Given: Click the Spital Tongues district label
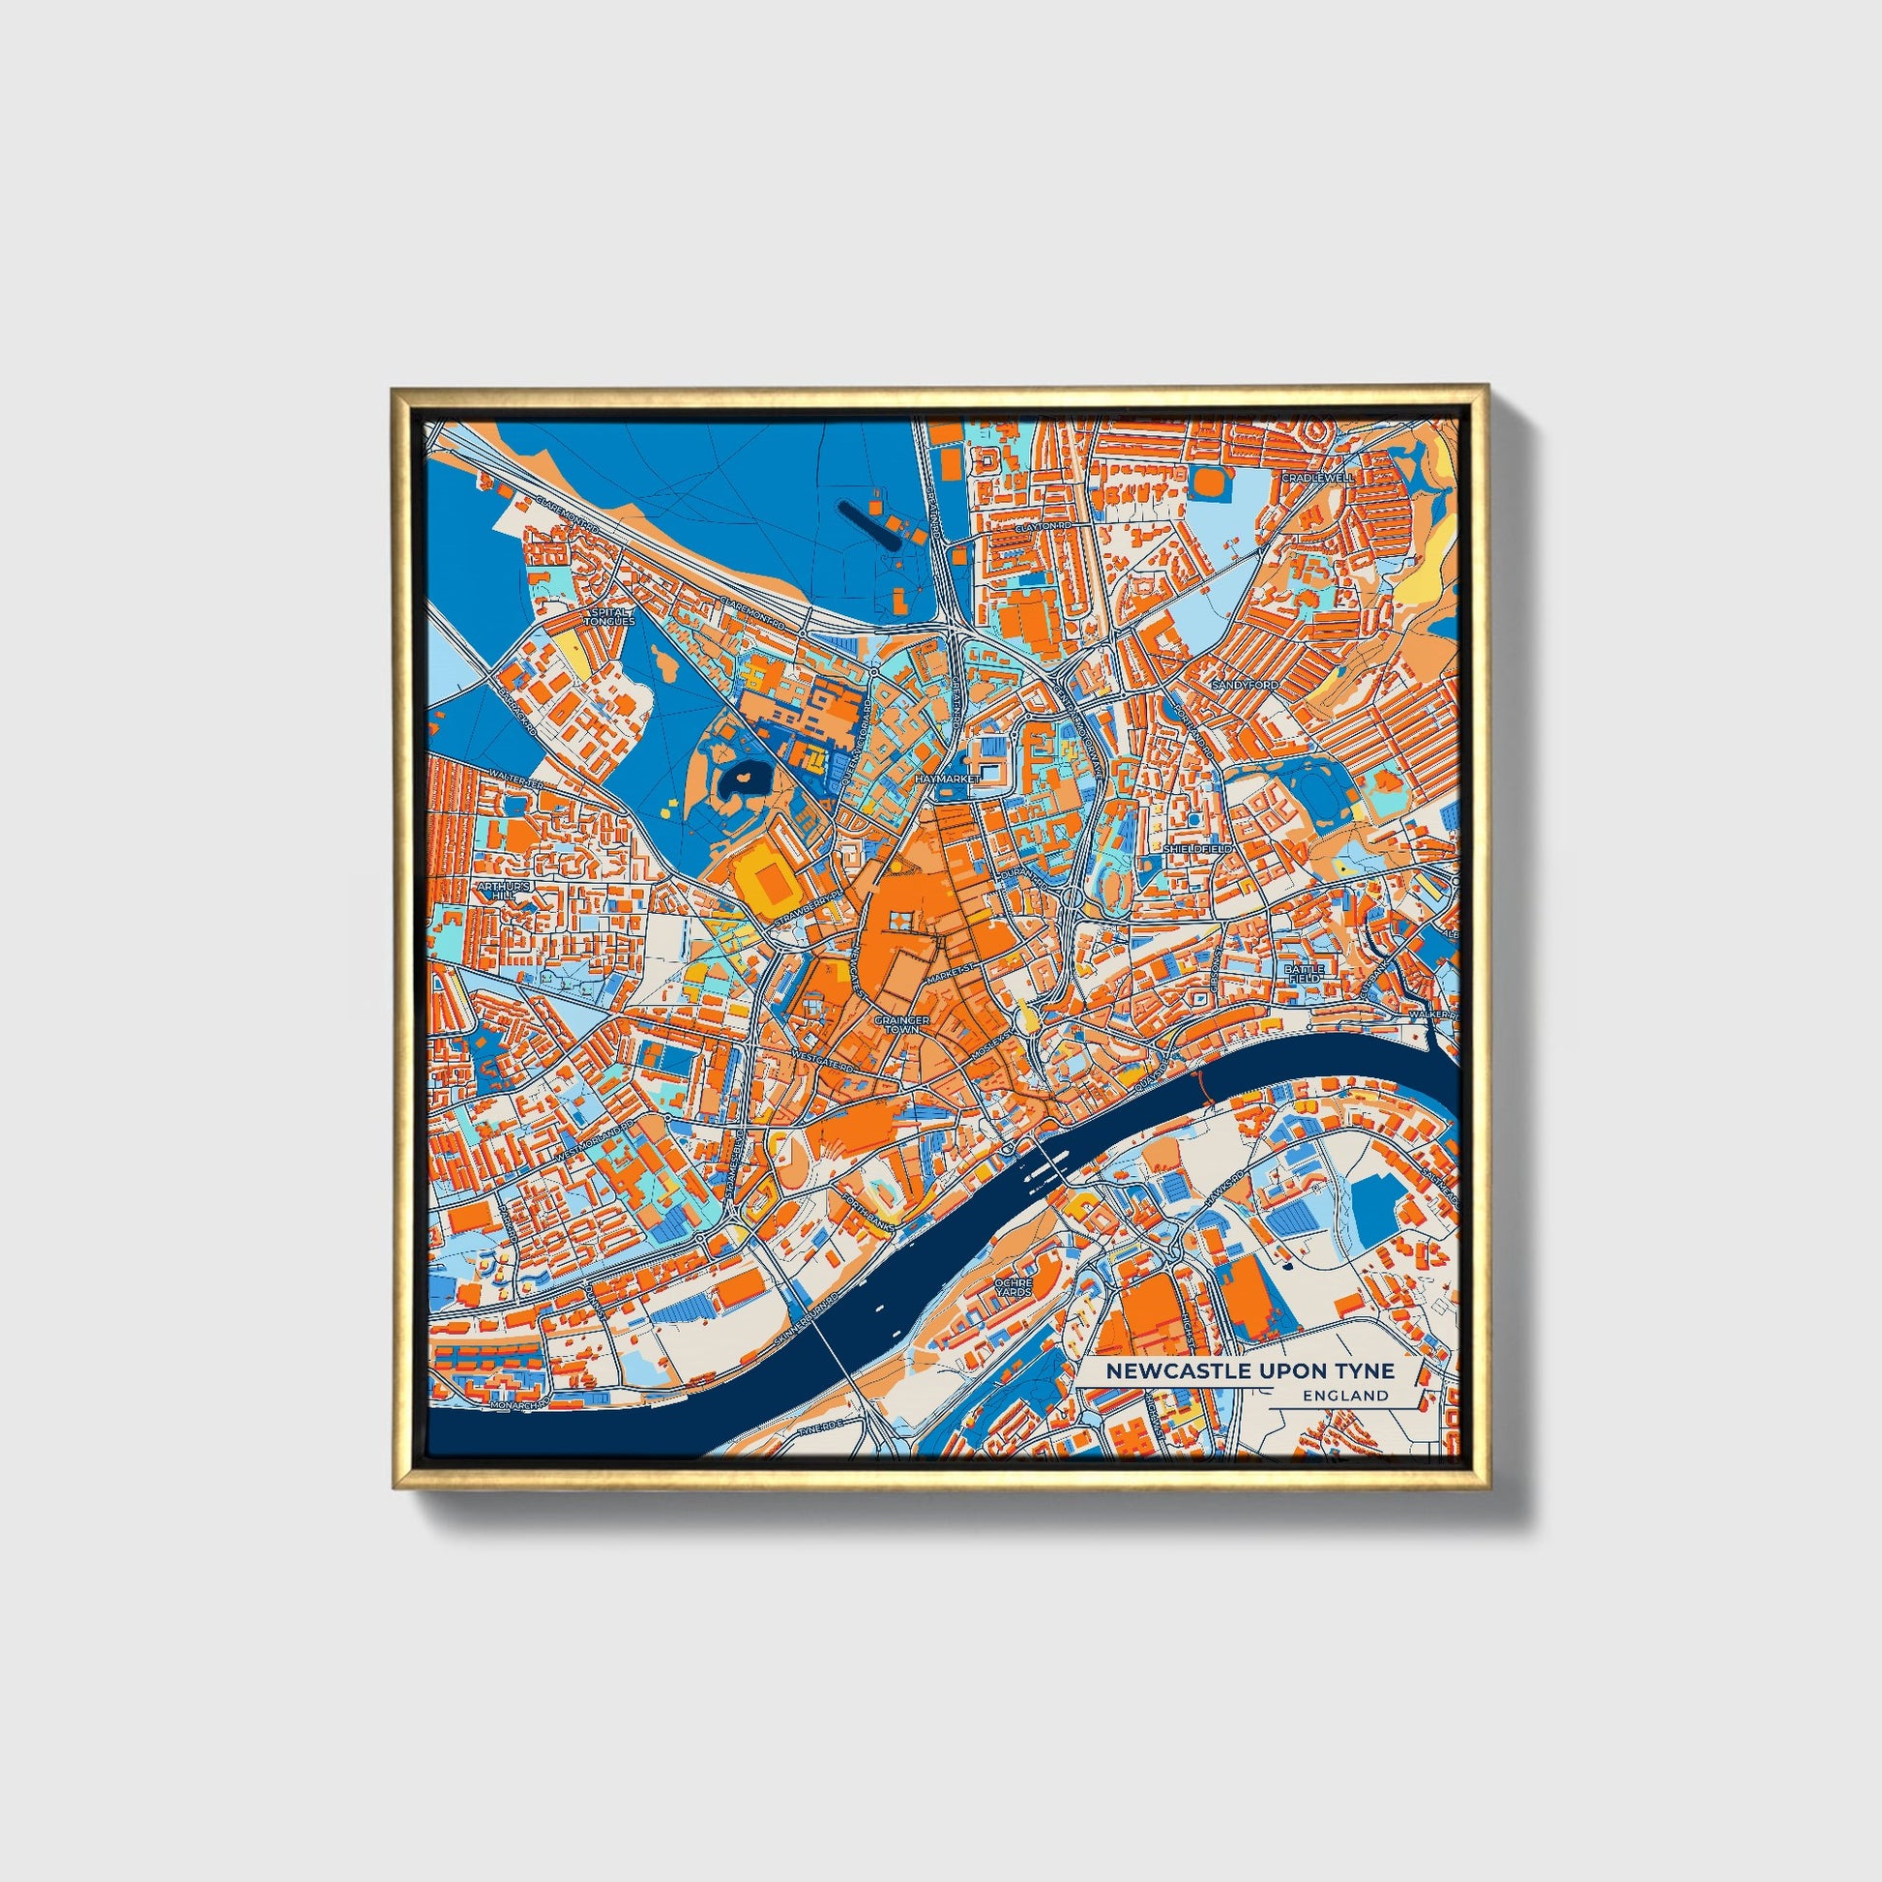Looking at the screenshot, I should [x=611, y=617].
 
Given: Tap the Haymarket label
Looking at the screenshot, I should [x=945, y=780].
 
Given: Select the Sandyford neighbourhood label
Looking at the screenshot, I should [x=1245, y=686].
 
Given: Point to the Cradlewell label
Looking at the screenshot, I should [x=1317, y=479].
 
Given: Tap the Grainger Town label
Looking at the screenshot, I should [x=902, y=1024].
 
